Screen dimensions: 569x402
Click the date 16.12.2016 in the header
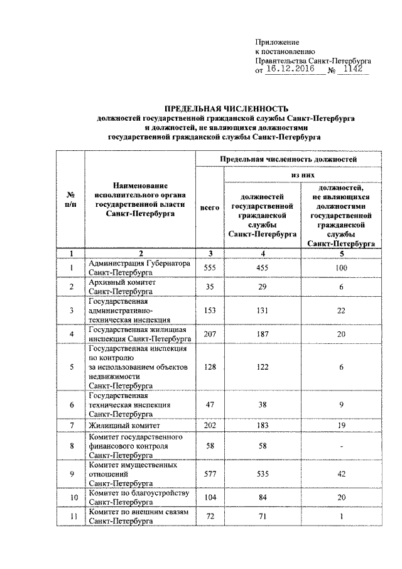click(x=293, y=70)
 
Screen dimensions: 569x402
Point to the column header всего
click(x=209, y=207)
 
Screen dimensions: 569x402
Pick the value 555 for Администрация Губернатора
click(x=209, y=268)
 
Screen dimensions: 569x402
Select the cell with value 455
click(x=263, y=268)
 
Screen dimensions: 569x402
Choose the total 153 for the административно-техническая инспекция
click(x=209, y=311)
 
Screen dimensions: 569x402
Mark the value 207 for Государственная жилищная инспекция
click(x=209, y=334)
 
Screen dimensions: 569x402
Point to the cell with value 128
click(x=209, y=366)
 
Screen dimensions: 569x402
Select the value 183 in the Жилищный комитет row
click(x=263, y=426)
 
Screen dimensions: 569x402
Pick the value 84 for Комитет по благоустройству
click(x=263, y=497)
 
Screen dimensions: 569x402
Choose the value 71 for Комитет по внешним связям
click(x=263, y=517)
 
